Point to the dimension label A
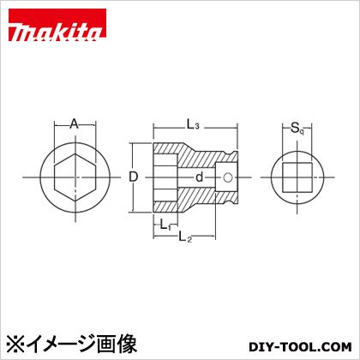(x=74, y=124)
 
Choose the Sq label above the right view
(x=297, y=129)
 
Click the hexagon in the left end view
(x=74, y=177)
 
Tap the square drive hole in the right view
(x=297, y=177)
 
